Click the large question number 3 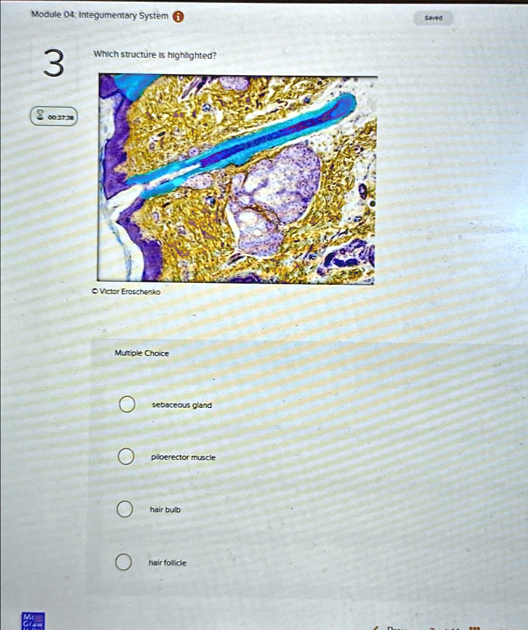point(53,65)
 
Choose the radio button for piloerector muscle point(126,457)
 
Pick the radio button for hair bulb point(125,509)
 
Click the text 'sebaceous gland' point(182,405)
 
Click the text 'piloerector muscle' point(184,458)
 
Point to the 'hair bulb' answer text point(165,510)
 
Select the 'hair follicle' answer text point(168,563)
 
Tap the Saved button point(433,18)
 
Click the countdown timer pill point(54,116)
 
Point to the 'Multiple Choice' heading point(142,353)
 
